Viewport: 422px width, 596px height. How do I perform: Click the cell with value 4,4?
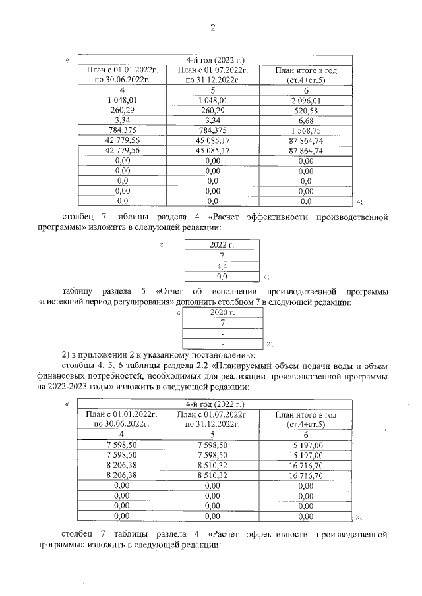tap(222, 266)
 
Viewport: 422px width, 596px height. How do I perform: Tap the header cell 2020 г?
tap(223, 313)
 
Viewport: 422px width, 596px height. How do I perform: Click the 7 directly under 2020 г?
tap(223, 323)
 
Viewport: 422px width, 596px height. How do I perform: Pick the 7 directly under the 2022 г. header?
tap(222, 256)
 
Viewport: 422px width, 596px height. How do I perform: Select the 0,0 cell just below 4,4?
tap(222, 277)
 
